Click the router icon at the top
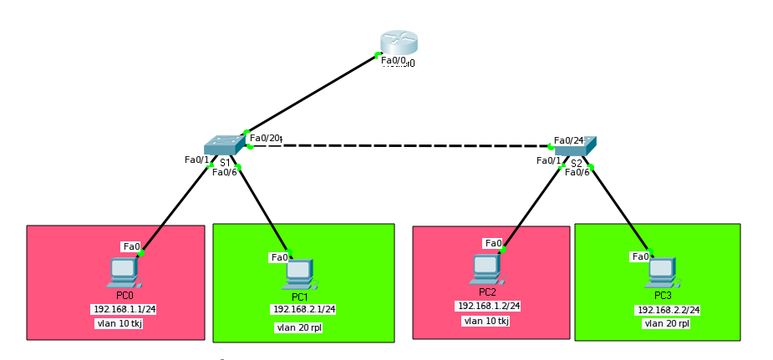[398, 43]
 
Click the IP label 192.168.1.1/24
[125, 309]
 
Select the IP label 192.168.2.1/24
[304, 310]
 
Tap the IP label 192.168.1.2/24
[488, 307]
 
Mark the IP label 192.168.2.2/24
[669, 310]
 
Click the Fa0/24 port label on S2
[568, 140]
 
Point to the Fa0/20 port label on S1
[264, 139]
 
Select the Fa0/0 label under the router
[394, 60]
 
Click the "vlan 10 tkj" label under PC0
[119, 323]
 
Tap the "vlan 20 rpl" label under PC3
[666, 323]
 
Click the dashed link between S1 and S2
[401, 146]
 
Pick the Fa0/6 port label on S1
[224, 172]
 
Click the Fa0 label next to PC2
[493, 244]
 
